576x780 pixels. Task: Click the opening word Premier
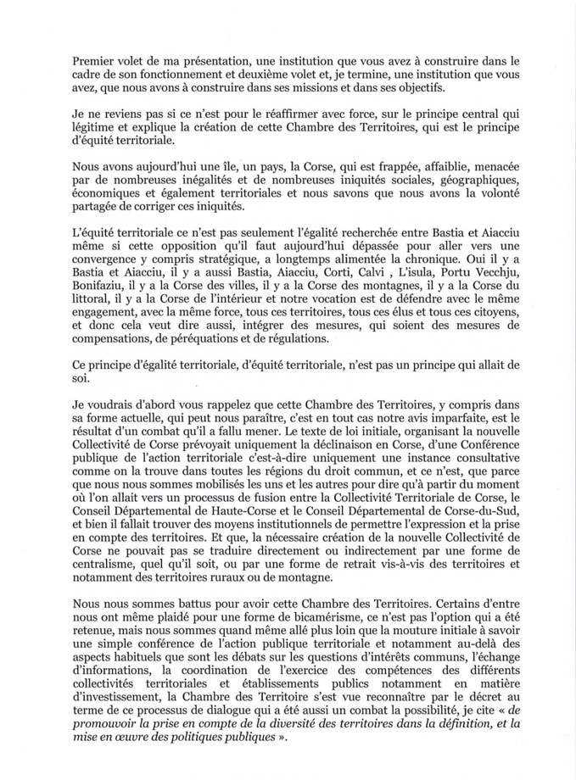[x=96, y=59]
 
